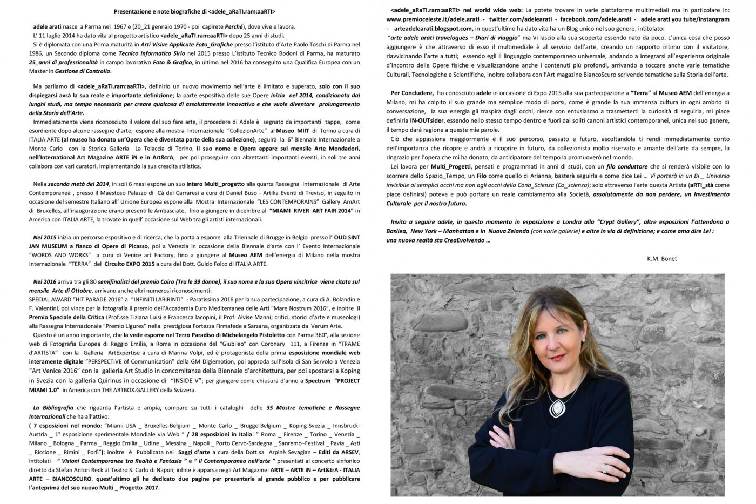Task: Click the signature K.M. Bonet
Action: coord(661,258)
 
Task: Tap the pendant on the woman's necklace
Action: coord(555,405)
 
